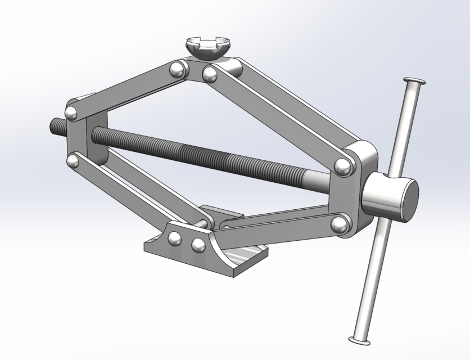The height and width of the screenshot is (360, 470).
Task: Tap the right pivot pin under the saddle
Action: (210, 74)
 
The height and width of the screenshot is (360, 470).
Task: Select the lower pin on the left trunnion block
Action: (73, 161)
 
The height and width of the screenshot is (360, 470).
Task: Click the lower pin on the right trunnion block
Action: (338, 225)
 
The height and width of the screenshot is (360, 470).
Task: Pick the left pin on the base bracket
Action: (175, 239)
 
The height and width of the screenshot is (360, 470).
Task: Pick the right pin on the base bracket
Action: (197, 245)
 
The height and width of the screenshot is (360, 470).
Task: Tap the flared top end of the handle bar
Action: (414, 82)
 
